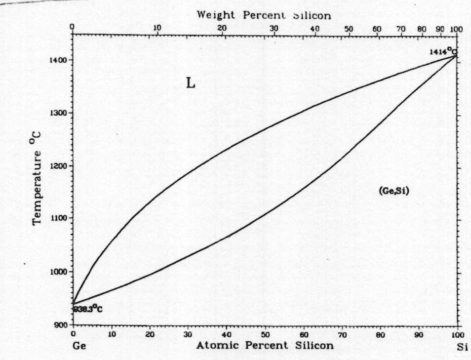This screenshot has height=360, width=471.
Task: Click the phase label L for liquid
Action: (191, 83)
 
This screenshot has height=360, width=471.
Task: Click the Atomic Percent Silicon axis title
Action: (265, 345)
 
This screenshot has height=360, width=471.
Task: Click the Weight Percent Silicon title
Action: (264, 15)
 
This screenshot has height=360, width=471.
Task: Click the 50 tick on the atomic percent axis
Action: (265, 334)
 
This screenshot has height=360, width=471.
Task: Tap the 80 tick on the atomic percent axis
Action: (381, 334)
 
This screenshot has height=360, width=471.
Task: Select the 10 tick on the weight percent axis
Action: (157, 28)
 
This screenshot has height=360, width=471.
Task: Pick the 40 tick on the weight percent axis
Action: (314, 28)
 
